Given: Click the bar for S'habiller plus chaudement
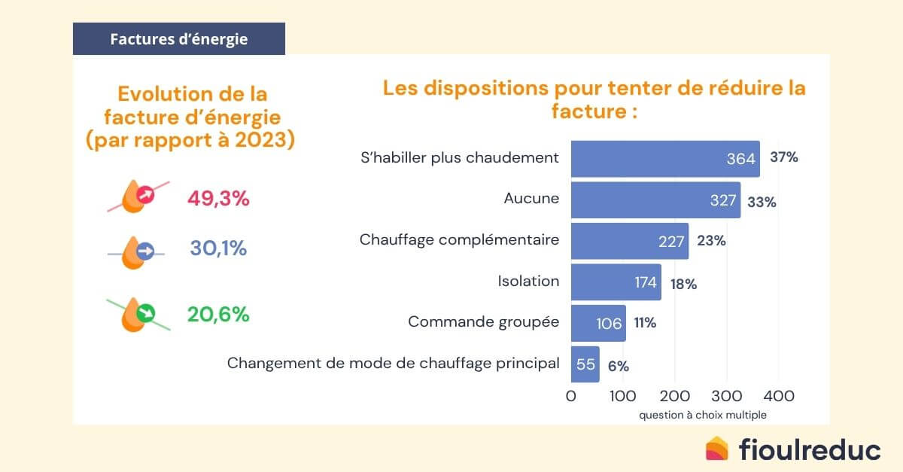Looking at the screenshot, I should (665, 158).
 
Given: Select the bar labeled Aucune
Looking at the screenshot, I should (655, 199).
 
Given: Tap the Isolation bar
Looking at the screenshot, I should (616, 282).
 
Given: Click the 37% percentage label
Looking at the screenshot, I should (783, 158).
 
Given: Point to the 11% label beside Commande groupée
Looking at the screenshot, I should (644, 324).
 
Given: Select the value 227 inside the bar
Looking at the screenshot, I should (670, 241).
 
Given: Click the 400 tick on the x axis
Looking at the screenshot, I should (778, 395).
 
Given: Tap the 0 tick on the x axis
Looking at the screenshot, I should (571, 395).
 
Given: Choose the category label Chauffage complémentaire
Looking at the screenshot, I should (459, 240).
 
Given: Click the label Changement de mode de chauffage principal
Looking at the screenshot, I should (393, 364).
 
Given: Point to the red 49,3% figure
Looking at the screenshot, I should (217, 199).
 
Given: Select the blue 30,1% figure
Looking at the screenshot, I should (217, 248).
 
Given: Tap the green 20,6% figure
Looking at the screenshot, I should (217, 315).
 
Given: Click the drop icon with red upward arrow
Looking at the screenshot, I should (138, 196).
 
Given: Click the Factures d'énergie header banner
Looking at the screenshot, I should (178, 39).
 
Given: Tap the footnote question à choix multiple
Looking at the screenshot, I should (703, 415).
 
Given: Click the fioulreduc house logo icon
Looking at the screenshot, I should (717, 449).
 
